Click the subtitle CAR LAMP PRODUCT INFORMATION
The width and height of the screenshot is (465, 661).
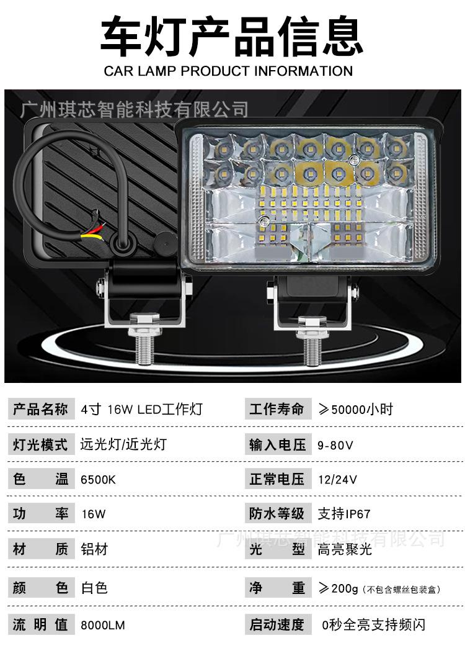228,71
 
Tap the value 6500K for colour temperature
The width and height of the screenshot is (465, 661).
99,480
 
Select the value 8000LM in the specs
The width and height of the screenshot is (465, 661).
103,625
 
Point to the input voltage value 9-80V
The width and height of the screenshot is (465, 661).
335,445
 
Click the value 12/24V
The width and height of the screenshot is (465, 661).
337,480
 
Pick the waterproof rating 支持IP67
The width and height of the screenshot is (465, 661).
344,514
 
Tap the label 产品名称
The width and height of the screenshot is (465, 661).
40,410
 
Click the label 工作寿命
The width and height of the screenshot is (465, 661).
277,410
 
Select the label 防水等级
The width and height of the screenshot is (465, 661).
277,514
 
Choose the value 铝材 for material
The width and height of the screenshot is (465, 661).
94,549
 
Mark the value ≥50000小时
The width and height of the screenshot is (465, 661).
355,410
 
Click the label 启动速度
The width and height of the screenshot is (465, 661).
277,625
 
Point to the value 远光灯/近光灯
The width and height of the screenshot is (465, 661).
123,445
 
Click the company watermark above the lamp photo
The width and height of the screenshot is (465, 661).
134,110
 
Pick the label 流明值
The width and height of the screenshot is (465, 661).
40,625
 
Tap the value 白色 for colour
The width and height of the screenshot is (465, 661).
94,587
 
